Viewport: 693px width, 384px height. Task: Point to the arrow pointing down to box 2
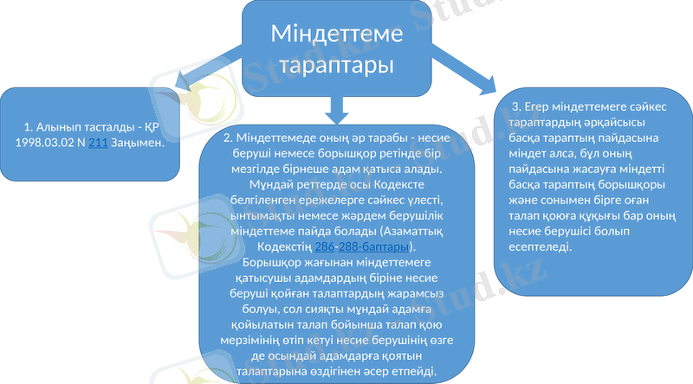point(339,107)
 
